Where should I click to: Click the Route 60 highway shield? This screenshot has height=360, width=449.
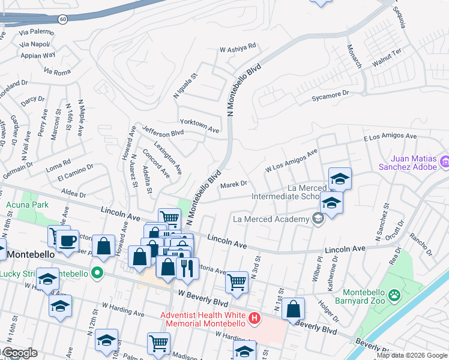click(62, 19)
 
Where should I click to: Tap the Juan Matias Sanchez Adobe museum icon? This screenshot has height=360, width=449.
click(445, 161)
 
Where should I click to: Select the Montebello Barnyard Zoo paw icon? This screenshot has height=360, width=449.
click(394, 295)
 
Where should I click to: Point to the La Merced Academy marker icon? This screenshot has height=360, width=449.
click(317, 219)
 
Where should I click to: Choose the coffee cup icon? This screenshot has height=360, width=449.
click(67, 241)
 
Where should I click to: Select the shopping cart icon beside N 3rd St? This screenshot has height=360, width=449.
click(237, 281)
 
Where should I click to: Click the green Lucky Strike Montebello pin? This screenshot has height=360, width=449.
click(95, 274)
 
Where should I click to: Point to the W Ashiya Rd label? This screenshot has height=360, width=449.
click(238, 46)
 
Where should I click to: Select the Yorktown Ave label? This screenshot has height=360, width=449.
click(200, 125)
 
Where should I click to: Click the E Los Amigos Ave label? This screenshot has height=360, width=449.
click(390, 137)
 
